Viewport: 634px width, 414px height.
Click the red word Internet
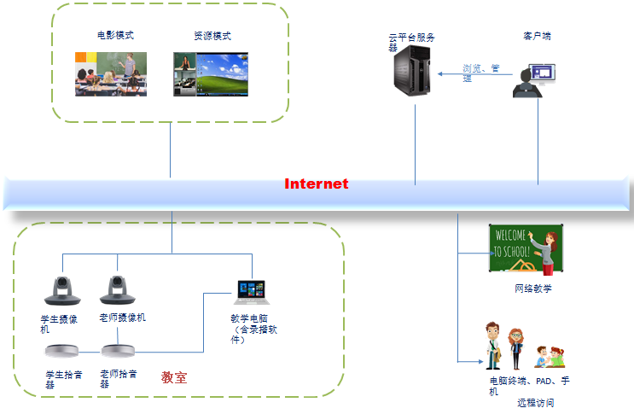[x=316, y=184]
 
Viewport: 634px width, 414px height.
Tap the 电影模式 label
[x=115, y=36]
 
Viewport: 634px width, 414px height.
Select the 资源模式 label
[x=212, y=36]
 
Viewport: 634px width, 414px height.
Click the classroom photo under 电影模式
[x=110, y=73]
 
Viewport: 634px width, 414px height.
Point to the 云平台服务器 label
[x=411, y=41]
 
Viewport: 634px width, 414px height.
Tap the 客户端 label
[x=537, y=36]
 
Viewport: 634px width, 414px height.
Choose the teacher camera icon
[x=114, y=290]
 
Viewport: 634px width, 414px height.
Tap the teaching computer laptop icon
[x=250, y=292]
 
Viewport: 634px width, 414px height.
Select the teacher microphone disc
[x=119, y=350]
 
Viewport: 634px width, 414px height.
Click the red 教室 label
[x=174, y=376]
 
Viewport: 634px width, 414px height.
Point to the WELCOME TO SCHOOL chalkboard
[x=523, y=248]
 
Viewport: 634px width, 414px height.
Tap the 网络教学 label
[x=533, y=289]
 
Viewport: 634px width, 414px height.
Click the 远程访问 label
[x=535, y=402]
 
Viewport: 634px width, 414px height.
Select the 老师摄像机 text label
[x=122, y=318]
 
